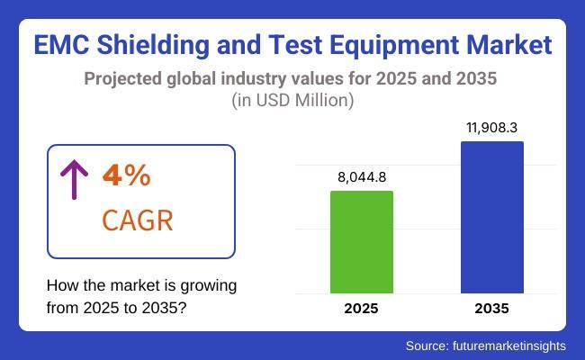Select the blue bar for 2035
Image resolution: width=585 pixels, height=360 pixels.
(x=491, y=217)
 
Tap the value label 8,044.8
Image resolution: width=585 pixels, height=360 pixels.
(x=362, y=177)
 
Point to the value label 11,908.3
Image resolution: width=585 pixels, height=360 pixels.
(x=491, y=129)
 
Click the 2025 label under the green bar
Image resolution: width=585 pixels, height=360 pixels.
(x=362, y=309)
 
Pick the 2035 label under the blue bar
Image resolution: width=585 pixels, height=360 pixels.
(x=491, y=309)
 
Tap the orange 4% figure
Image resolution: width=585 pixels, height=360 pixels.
(x=126, y=176)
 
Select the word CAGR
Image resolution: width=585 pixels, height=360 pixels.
(x=138, y=220)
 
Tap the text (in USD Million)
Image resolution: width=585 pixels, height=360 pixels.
(x=292, y=101)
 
